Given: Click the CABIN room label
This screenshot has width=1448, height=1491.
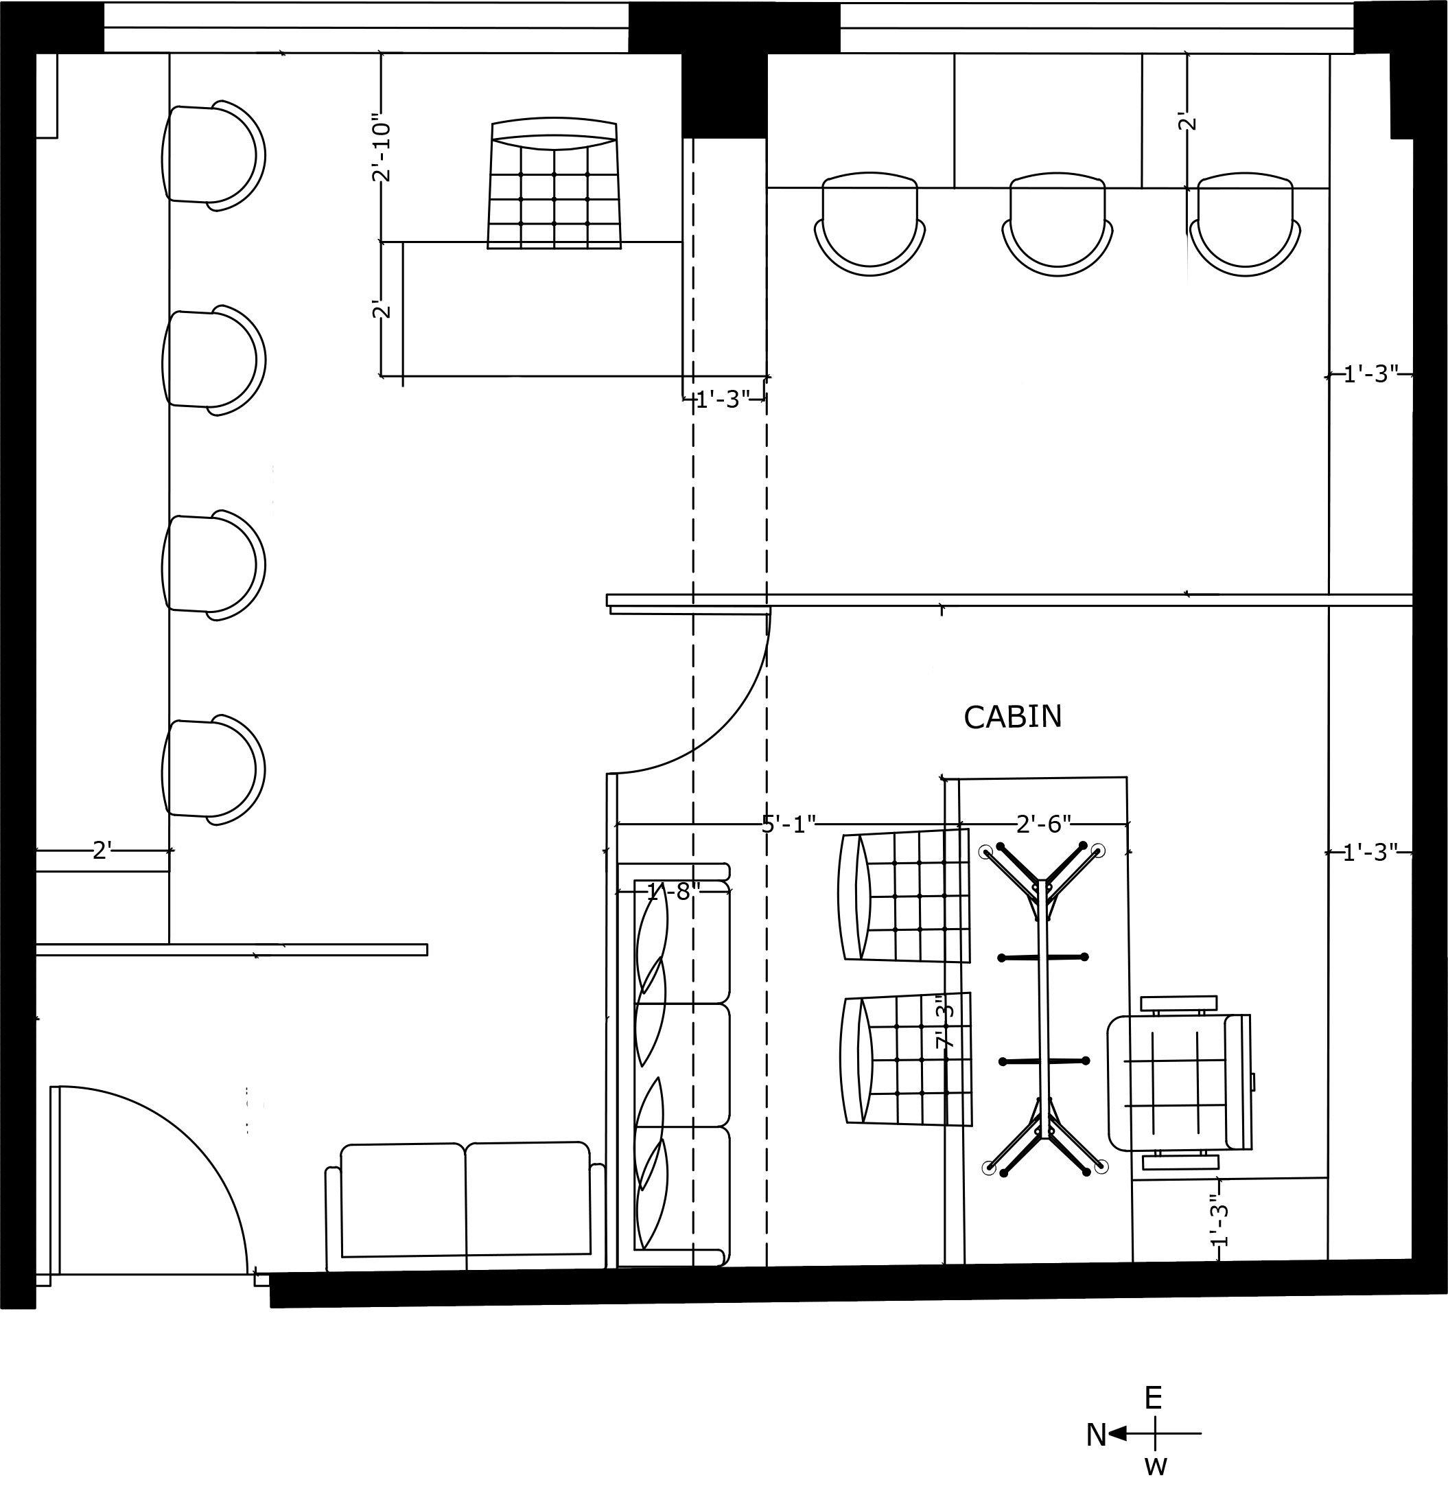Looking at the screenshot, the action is (x=1012, y=717).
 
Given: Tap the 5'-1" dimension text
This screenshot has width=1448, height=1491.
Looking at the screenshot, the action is (x=789, y=824).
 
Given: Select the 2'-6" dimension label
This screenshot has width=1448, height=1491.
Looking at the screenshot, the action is (x=1043, y=824).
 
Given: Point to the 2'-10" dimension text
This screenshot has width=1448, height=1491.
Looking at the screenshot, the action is (x=381, y=148).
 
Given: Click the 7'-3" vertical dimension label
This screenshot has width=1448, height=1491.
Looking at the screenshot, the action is (x=944, y=1026).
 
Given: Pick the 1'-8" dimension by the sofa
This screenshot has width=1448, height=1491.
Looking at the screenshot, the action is (x=673, y=892).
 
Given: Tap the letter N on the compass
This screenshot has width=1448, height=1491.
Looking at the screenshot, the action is (x=1096, y=1435).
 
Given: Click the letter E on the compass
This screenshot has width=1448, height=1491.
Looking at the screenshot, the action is (x=1154, y=1398).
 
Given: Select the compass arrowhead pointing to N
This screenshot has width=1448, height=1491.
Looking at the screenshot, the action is (x=1117, y=1433).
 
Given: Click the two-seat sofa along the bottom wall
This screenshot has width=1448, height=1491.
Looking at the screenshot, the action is (x=465, y=1207).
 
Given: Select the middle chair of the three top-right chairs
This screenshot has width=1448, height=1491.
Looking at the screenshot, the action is (x=1057, y=224).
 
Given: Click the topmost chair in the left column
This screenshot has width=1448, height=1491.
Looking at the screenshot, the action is (x=213, y=156).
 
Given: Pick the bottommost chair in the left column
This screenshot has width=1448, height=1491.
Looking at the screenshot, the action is (x=213, y=770).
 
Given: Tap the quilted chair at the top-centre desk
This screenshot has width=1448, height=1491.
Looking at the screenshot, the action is (x=554, y=183).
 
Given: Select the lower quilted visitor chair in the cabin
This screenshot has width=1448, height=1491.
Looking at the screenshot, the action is (x=907, y=1060).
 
